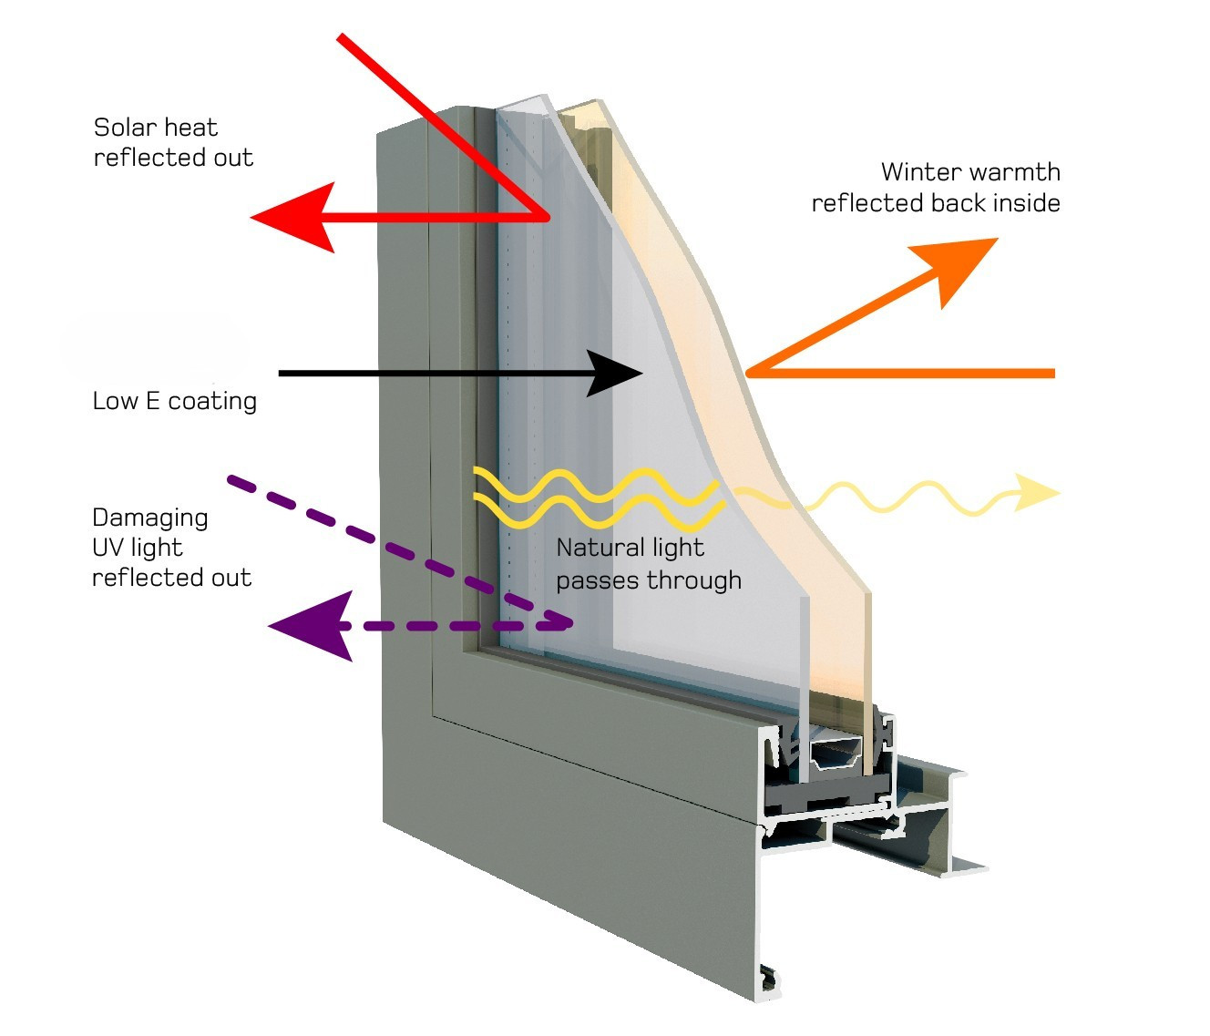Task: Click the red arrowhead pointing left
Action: tap(292, 218)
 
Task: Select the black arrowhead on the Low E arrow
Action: tap(615, 373)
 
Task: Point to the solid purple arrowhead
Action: tap(314, 626)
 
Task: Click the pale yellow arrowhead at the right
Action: tap(1039, 493)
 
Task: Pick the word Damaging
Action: tap(150, 518)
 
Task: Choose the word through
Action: tap(694, 580)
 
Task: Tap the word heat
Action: tap(194, 128)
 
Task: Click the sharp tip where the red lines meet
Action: tap(548, 218)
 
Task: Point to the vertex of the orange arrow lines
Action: tap(748, 373)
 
